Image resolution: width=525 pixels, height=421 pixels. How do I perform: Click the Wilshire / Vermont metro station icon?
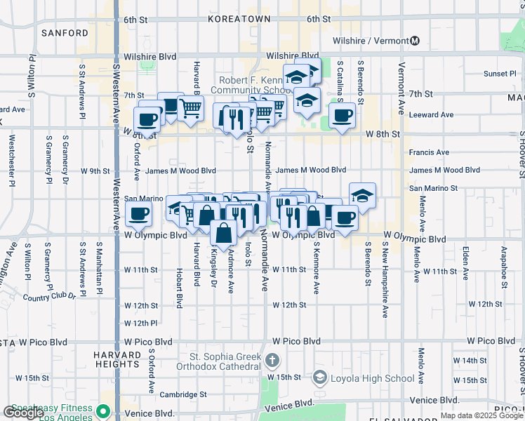tap(415, 41)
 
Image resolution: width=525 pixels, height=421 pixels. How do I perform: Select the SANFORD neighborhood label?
tap(65, 33)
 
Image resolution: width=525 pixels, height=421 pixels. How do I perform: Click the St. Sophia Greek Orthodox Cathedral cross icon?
tap(272, 361)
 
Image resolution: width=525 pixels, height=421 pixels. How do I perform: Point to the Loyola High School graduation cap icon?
tap(320, 378)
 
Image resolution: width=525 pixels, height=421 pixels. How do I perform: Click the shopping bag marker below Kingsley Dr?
tap(222, 233)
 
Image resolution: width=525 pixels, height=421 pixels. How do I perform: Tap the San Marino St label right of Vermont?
tap(433, 188)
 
